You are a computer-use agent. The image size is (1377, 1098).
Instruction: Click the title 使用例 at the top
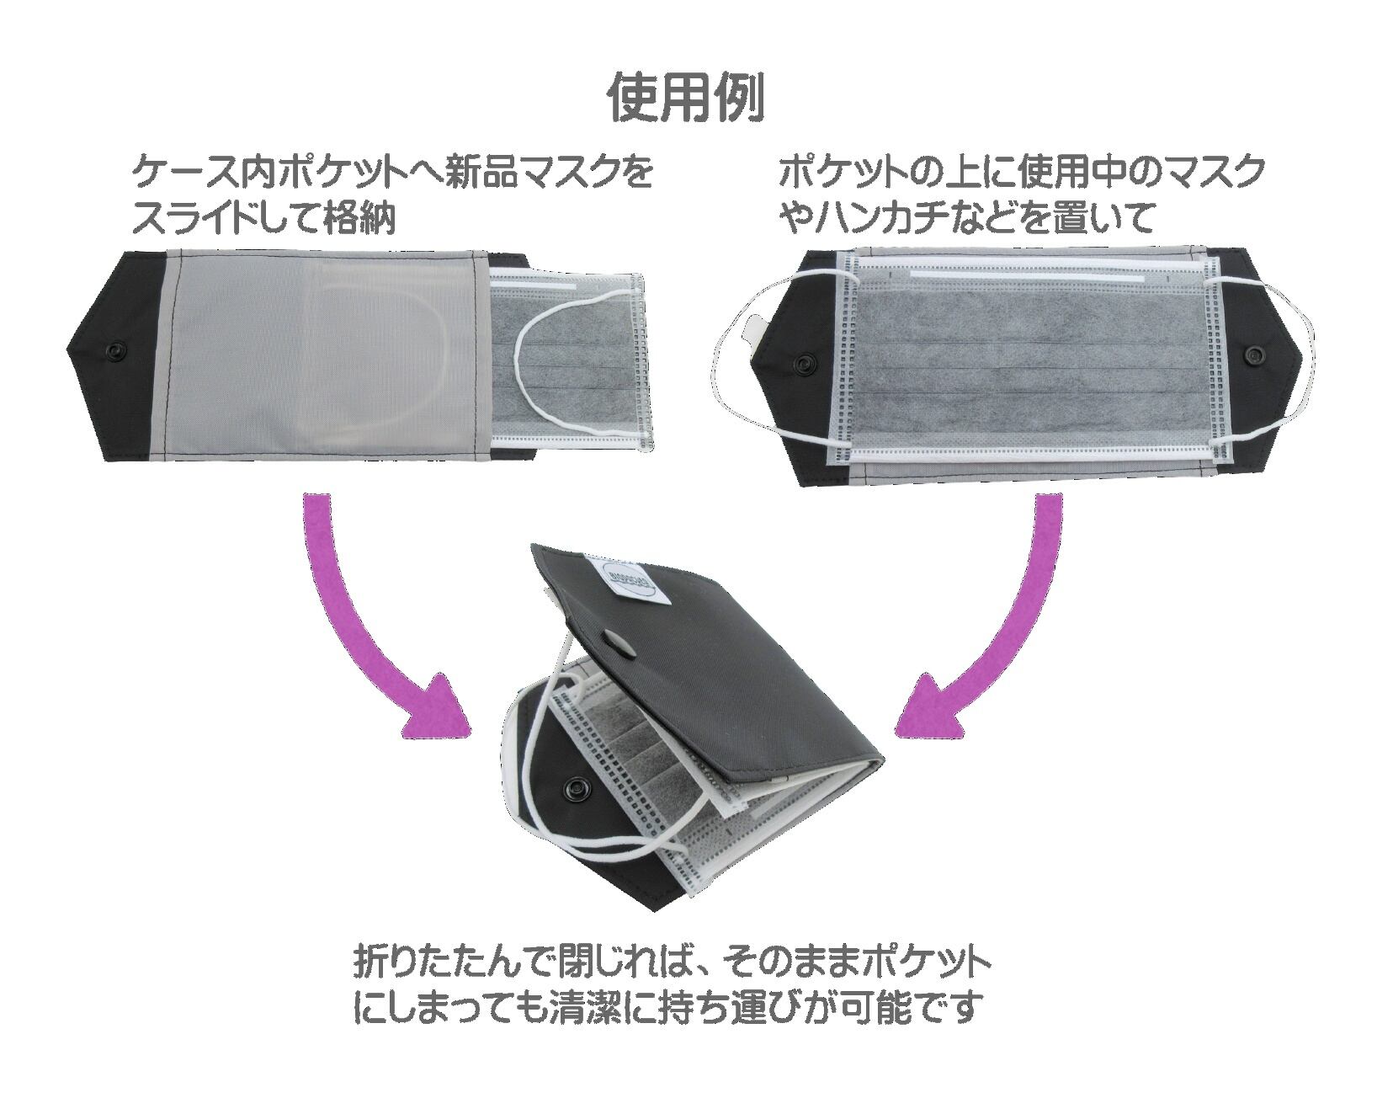pos(687,99)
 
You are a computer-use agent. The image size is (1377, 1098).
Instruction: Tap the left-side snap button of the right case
pos(799,363)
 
